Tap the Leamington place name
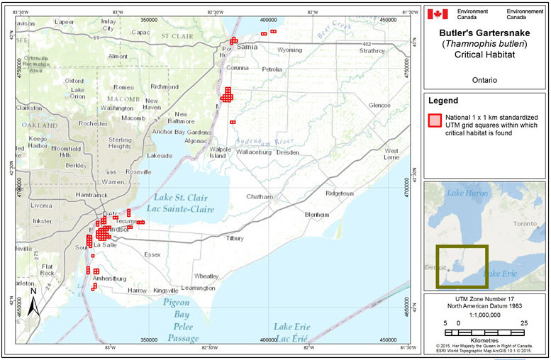198,288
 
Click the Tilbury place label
234,239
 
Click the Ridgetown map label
339,193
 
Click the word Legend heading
443,101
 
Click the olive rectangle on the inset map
461,266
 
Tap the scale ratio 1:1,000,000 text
485,315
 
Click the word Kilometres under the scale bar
485,339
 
